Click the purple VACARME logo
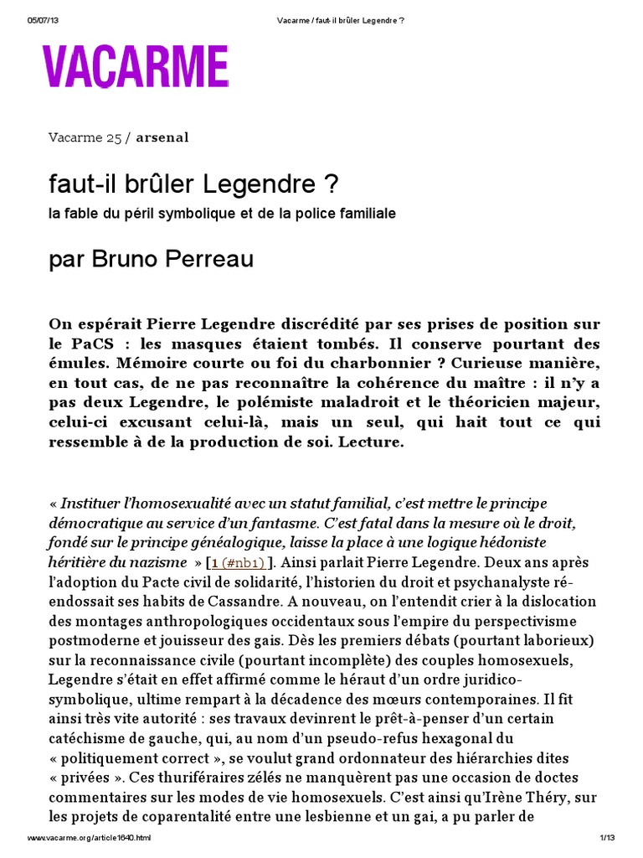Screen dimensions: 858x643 (x=136, y=67)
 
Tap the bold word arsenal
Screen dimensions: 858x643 (x=162, y=137)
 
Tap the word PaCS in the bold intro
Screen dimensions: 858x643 (x=90, y=344)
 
